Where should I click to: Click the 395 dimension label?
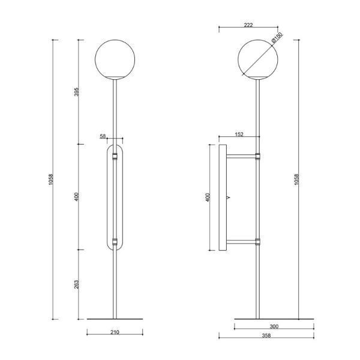pos(77,92)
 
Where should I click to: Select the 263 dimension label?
pos(77,284)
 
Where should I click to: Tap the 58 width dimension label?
pos(103,136)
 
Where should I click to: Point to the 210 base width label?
pos(115,332)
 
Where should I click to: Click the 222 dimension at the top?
pos(248,25)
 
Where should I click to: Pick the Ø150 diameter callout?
pos(277,38)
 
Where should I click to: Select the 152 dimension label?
pos(239,134)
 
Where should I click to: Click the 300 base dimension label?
pos(274,326)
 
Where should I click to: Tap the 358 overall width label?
pos(266,335)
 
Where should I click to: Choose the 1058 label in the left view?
pos(51,179)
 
